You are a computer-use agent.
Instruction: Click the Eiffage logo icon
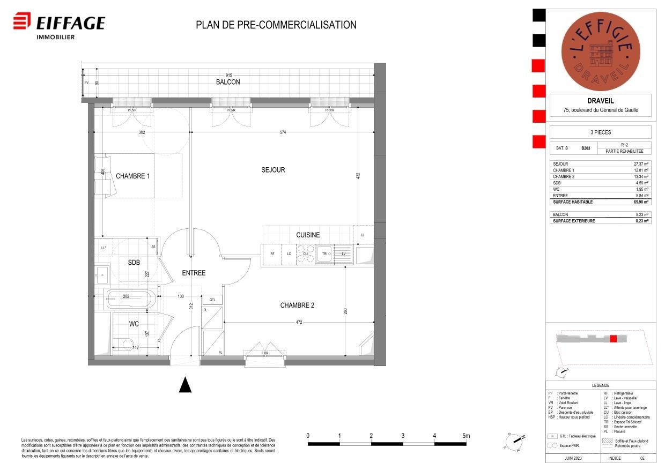(21, 22)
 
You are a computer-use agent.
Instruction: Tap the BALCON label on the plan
(228, 82)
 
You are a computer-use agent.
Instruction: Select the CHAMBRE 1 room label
(132, 176)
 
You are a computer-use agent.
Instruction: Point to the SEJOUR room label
(273, 170)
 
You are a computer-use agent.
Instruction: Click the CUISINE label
(308, 235)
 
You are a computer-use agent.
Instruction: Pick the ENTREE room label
(194, 273)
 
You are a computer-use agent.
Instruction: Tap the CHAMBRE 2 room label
(297, 305)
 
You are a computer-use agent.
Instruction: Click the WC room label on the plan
(134, 324)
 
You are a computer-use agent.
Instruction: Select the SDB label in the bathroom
(134, 262)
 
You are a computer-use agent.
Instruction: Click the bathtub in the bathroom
(131, 300)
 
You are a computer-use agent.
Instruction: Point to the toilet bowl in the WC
(127, 344)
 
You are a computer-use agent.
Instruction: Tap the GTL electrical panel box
(212, 300)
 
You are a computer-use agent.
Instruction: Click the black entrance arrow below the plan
(185, 385)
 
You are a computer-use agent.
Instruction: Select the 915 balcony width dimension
(228, 74)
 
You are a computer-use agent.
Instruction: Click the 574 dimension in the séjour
(282, 132)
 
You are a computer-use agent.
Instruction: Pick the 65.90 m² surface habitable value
(641, 202)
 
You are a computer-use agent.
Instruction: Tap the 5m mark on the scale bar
(465, 436)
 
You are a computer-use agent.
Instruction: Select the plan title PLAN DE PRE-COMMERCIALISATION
(276, 25)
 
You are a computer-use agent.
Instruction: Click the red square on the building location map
(614, 338)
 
